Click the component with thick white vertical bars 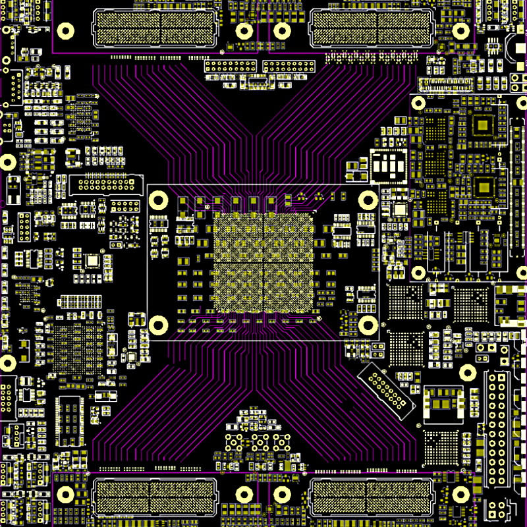(x=389, y=166)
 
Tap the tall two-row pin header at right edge (x=498, y=429)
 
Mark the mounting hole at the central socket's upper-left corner (x=159, y=200)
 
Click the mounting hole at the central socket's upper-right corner (x=368, y=200)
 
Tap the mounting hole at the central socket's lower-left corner (x=157, y=324)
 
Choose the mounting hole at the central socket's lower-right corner (x=368, y=324)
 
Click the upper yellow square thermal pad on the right (x=484, y=125)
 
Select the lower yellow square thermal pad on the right (x=484, y=186)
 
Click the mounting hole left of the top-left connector (x=65, y=31)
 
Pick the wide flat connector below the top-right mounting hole (x=446, y=84)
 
